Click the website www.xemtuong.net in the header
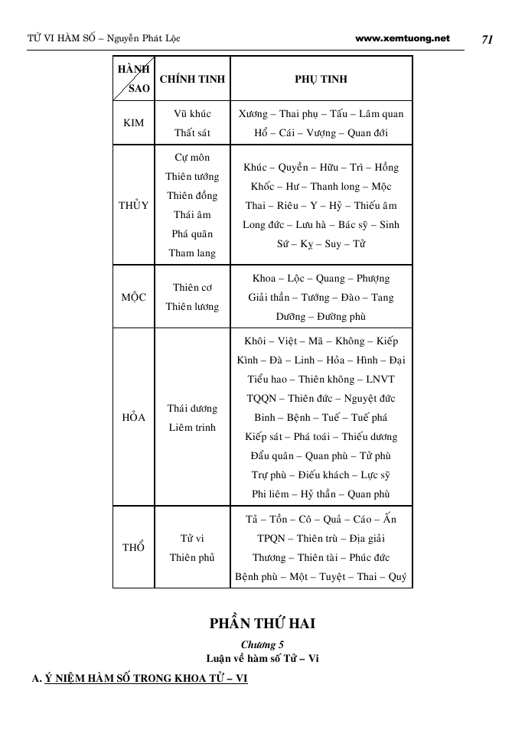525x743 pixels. tap(403, 38)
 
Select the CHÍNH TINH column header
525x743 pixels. tap(192, 79)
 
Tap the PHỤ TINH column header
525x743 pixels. tap(321, 79)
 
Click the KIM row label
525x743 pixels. tap(133, 123)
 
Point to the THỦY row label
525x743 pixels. tap(133, 206)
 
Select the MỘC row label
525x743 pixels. tap(133, 297)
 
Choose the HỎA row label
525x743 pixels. tap(133, 418)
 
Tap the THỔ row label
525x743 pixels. tap(133, 548)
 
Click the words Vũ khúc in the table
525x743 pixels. tap(192, 114)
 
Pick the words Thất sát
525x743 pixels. tap(192, 133)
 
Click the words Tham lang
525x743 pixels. tap(192, 253)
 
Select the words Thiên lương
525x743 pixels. tap(192, 307)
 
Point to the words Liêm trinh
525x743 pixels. tap(192, 428)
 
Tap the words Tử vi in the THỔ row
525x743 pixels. tap(192, 539)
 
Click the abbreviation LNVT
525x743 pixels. tap(380, 380)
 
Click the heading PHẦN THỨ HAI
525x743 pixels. tap(262, 624)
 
